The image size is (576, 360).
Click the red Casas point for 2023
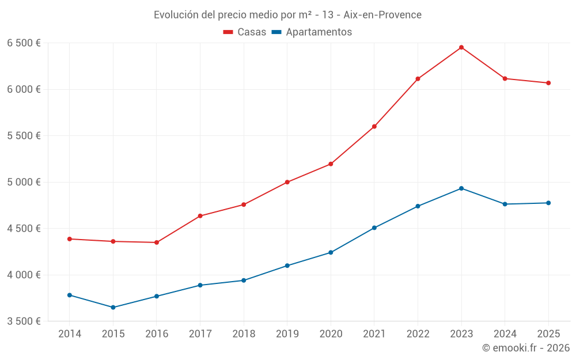pyautogui.click(x=461, y=47)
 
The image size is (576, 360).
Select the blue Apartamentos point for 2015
pyautogui.click(x=113, y=308)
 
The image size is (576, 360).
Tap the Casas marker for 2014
pyautogui.click(x=70, y=239)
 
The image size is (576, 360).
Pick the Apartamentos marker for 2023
pyautogui.click(x=461, y=188)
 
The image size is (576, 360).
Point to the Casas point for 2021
pyautogui.click(x=374, y=127)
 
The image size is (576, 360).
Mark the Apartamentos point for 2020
pyautogui.click(x=331, y=252)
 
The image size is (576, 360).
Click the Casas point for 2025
pyautogui.click(x=548, y=83)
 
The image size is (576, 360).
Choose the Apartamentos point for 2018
pyautogui.click(x=244, y=281)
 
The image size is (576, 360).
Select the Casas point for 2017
pyautogui.click(x=200, y=216)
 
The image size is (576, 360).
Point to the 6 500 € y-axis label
pyautogui.click(x=24, y=43)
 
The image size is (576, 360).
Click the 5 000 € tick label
pyautogui.click(x=24, y=182)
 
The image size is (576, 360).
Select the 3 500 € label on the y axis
pyautogui.click(x=24, y=321)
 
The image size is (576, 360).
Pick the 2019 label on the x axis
pyautogui.click(x=287, y=334)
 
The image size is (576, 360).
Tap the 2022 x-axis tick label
pyautogui.click(x=418, y=334)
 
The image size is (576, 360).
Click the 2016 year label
pyautogui.click(x=157, y=334)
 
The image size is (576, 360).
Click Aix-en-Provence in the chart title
pyautogui.click(x=382, y=14)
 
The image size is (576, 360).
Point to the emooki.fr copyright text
pyautogui.click(x=526, y=348)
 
